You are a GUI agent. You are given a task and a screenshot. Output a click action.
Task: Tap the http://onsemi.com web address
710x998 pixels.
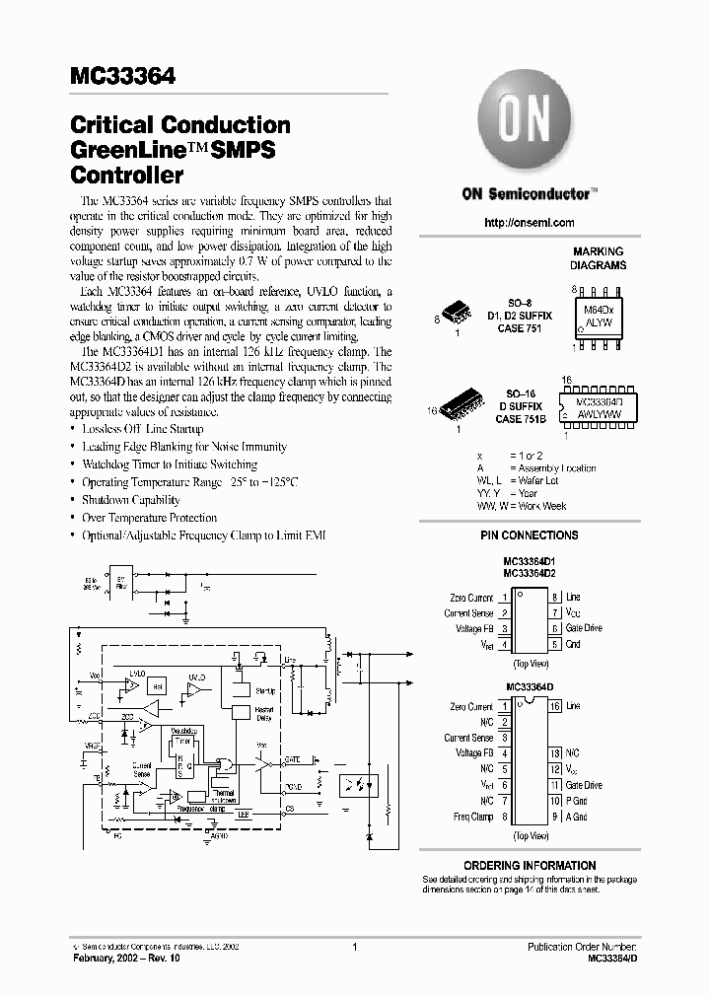point(530,223)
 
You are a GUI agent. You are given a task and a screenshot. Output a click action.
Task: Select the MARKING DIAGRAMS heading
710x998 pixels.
point(599,258)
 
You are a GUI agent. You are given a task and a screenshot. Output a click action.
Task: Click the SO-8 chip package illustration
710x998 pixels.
point(455,314)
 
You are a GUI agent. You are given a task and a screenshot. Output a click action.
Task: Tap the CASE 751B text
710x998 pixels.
point(522,419)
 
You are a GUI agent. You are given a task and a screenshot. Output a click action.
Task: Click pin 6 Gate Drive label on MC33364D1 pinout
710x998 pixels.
point(584,628)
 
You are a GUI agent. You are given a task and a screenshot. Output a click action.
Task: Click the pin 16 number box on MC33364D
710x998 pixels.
point(555,706)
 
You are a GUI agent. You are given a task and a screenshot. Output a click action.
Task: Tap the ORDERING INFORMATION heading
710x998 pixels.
point(530,865)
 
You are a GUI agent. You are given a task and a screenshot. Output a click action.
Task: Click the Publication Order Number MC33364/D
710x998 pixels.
point(603,957)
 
